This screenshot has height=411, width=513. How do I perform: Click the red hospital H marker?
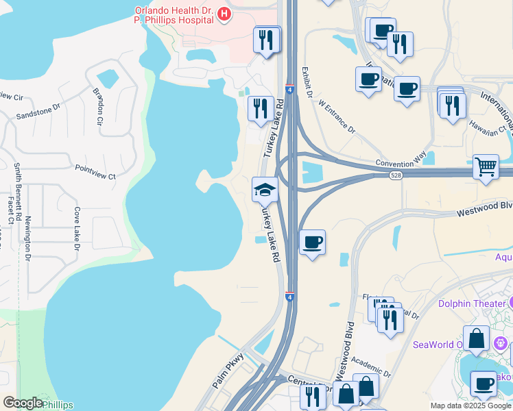(x=223, y=14)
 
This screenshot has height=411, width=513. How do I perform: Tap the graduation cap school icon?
(x=265, y=189)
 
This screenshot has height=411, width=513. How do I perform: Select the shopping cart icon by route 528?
(x=486, y=166)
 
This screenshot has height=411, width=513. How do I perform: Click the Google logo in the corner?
(x=23, y=403)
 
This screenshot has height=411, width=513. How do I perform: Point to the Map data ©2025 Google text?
(x=470, y=406)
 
